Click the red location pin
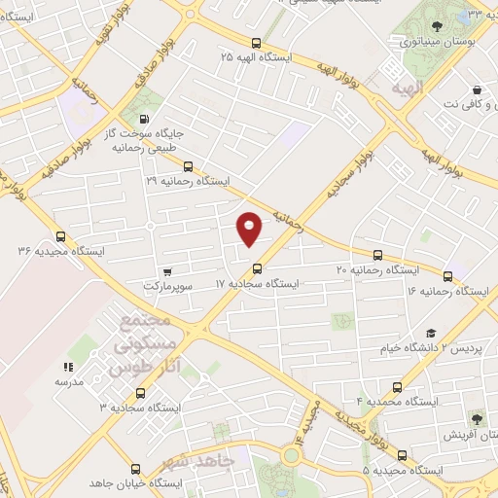250,229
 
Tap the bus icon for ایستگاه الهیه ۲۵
256,43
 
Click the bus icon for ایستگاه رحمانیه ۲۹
189,165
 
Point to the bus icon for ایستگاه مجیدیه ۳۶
61,235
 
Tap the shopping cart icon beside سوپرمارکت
168,271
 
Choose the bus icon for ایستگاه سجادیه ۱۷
257,268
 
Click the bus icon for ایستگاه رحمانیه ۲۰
377,254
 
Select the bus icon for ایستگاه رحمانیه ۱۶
447,276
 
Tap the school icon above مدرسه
68,367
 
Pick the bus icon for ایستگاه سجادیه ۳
140,393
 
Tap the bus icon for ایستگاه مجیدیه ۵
402,454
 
